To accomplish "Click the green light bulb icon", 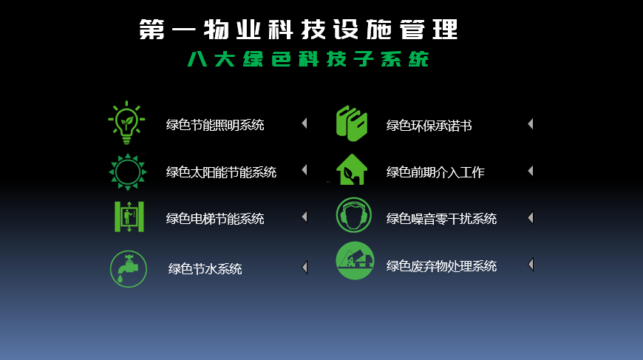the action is click(126, 123).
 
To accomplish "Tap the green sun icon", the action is click(128, 171).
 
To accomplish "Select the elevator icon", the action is click(129, 217).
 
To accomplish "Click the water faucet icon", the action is click(129, 269).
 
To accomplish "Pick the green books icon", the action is click(352, 123).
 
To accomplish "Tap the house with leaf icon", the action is click(352, 169).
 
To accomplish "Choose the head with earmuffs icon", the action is click(353, 215).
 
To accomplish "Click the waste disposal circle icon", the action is click(355, 260).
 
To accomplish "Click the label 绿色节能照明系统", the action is click(215, 125).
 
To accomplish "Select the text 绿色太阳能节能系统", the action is click(221, 171).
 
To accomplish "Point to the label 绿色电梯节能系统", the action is click(215, 219).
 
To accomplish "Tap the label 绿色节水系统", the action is click(205, 268).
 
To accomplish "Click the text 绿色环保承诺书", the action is click(429, 126).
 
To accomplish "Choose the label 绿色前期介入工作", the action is click(435, 171).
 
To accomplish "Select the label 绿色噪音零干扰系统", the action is click(441, 219).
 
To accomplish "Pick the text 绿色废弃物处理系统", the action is click(441, 266).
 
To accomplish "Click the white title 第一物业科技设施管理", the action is click(298, 30).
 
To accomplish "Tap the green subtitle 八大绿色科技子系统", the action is click(308, 59).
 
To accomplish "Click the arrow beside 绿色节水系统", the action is click(305, 268).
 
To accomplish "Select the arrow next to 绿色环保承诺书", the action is click(531, 124).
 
